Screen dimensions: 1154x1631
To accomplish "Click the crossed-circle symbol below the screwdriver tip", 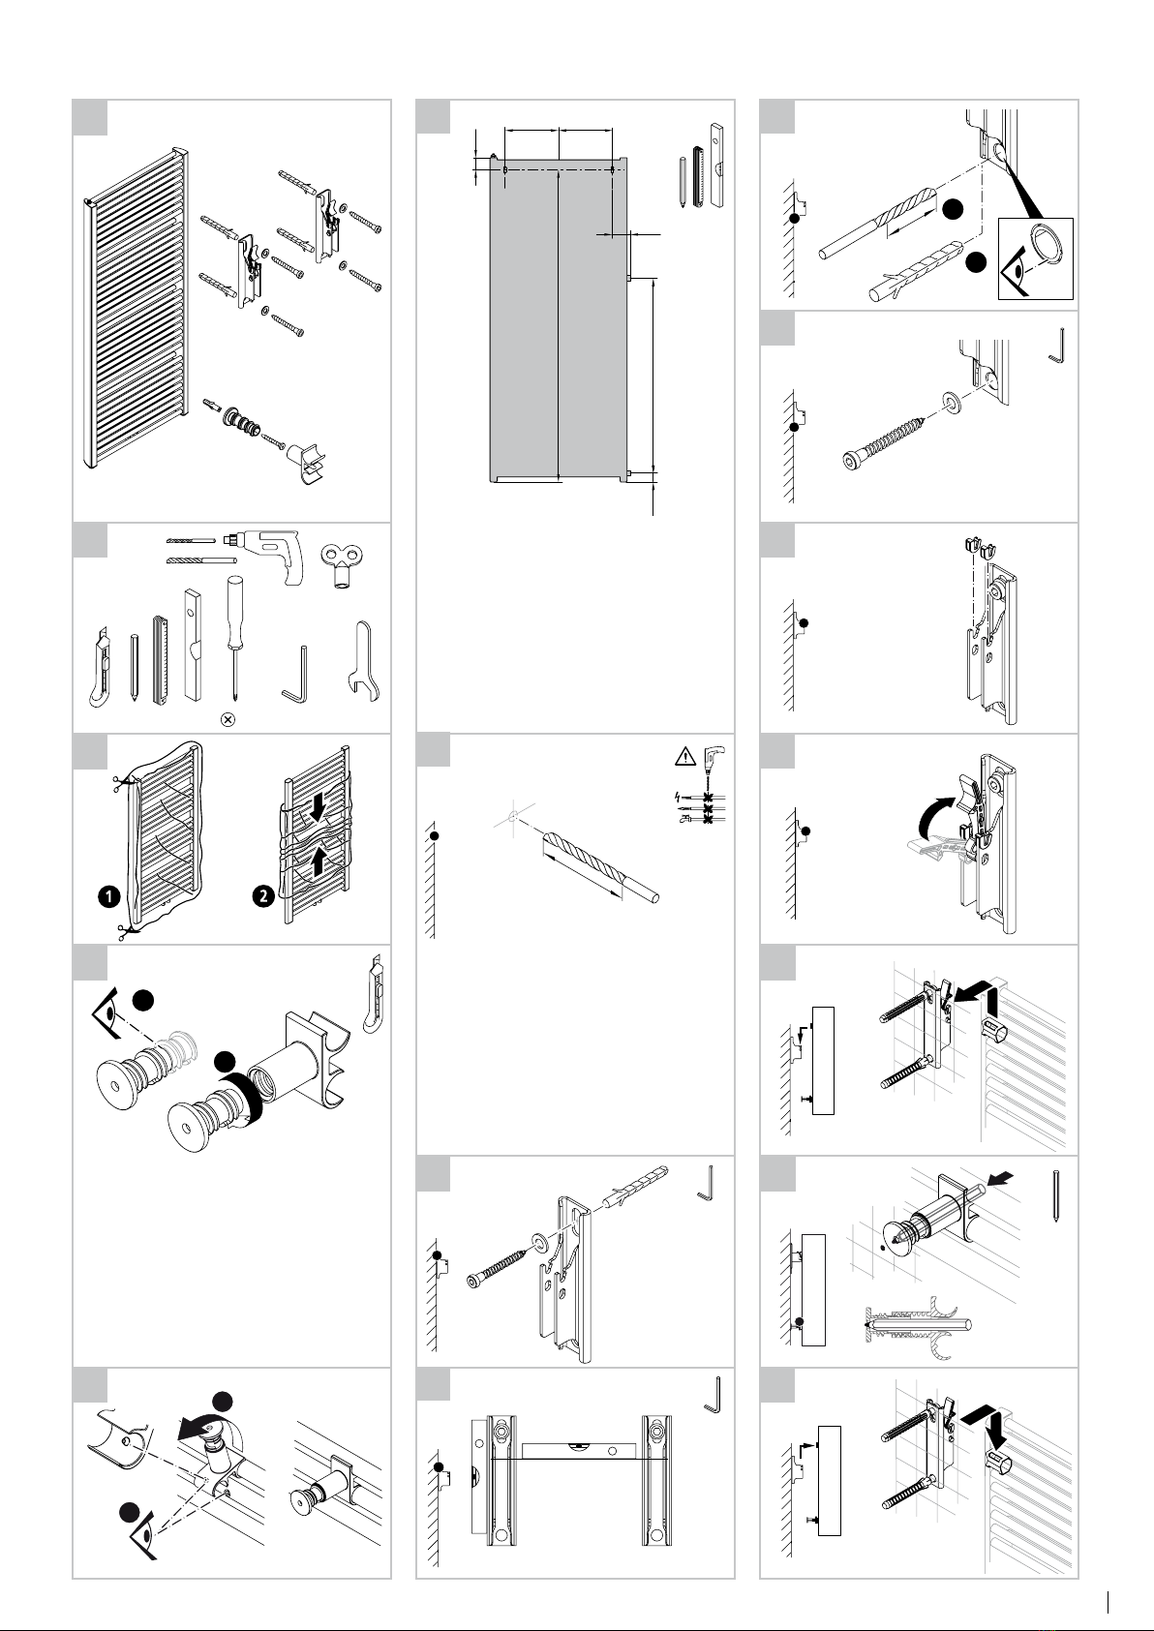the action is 229,719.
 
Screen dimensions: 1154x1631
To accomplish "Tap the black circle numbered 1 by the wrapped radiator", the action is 108,896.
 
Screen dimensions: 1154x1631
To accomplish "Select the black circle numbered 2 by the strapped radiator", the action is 262,896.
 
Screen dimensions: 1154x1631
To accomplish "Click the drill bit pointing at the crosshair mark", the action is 600,867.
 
